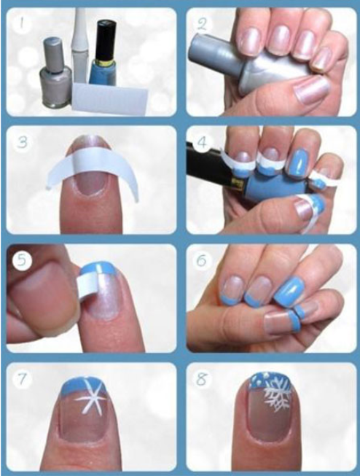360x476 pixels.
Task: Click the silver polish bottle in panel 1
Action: (56, 73)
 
